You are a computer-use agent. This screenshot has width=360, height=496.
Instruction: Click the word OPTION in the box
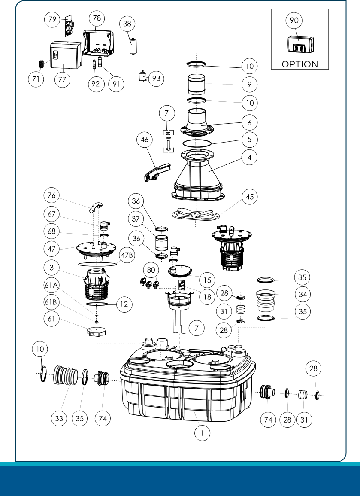(x=299, y=64)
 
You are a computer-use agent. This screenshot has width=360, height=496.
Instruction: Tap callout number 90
(x=294, y=20)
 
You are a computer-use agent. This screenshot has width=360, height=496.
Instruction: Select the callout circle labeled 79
(x=52, y=19)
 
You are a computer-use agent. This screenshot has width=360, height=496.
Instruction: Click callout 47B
(x=127, y=255)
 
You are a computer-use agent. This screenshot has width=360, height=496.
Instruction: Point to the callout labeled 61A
(x=51, y=285)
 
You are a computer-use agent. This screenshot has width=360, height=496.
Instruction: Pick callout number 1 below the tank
(x=203, y=433)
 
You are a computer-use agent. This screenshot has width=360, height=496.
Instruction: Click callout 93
(x=156, y=78)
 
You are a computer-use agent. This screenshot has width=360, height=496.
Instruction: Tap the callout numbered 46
(x=145, y=140)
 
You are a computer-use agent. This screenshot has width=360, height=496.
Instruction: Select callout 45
(x=250, y=197)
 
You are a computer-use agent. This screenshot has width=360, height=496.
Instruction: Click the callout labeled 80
(x=151, y=270)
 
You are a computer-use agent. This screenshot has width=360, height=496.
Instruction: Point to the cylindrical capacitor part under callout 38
(x=133, y=46)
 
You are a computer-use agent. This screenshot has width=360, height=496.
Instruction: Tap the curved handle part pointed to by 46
(x=157, y=172)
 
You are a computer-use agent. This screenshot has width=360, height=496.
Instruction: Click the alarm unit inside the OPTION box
(x=301, y=44)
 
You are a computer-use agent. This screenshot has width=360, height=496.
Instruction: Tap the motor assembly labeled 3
(x=97, y=284)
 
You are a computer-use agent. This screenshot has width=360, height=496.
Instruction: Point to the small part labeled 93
(x=143, y=76)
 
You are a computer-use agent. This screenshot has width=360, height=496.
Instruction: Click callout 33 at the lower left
(x=59, y=418)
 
